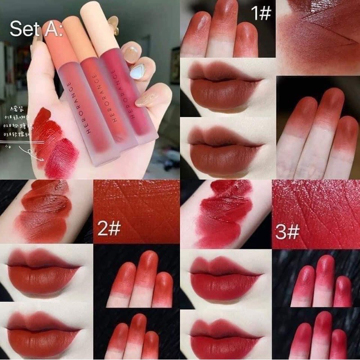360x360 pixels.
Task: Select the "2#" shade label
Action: (x=108, y=229)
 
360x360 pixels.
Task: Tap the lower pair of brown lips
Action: (x=224, y=148)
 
